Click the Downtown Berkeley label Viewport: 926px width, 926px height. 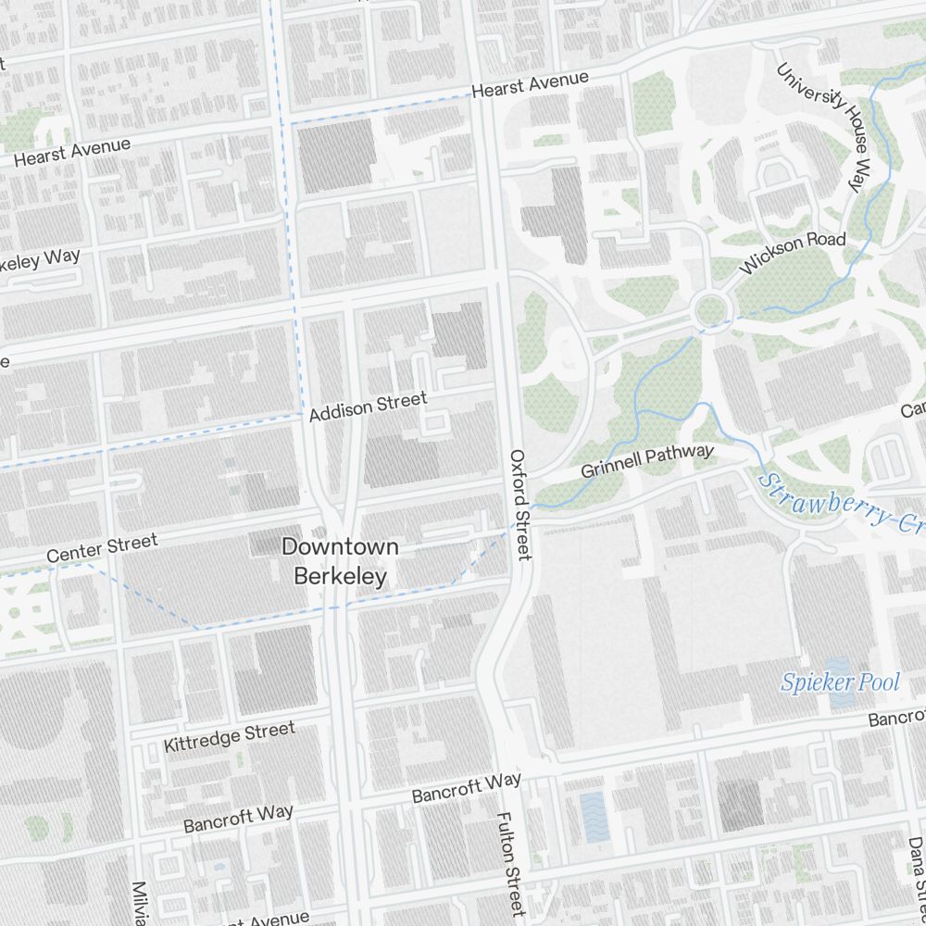coord(340,561)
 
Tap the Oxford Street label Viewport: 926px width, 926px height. coord(520,505)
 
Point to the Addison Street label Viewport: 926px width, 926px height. coord(369,406)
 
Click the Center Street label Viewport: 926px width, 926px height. coord(102,548)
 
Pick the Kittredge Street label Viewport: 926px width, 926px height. coord(229,737)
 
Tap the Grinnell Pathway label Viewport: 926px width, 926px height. coord(647,461)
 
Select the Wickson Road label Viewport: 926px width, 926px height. coord(793,253)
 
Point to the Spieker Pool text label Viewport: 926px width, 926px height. coord(840,683)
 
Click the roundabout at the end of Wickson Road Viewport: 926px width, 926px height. coord(711,308)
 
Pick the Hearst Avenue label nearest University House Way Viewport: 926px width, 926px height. coord(530,85)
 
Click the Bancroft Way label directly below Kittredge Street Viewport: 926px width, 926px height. coord(238,819)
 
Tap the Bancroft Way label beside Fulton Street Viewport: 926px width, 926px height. coord(467,787)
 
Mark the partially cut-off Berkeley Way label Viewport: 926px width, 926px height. coord(39,260)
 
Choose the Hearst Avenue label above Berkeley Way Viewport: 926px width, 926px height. coord(71,152)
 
